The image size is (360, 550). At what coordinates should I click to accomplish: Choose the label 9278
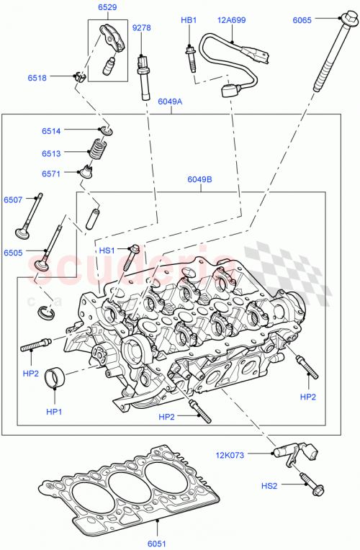tap(141, 28)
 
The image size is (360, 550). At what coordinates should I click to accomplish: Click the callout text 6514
tap(51, 130)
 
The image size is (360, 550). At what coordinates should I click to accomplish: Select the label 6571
tap(51, 173)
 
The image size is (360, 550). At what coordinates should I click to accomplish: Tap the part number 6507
tap(13, 199)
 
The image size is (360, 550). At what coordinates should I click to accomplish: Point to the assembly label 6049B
tap(199, 180)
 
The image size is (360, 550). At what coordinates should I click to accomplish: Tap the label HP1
tap(55, 412)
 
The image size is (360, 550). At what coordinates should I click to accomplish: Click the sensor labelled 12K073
tap(287, 452)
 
